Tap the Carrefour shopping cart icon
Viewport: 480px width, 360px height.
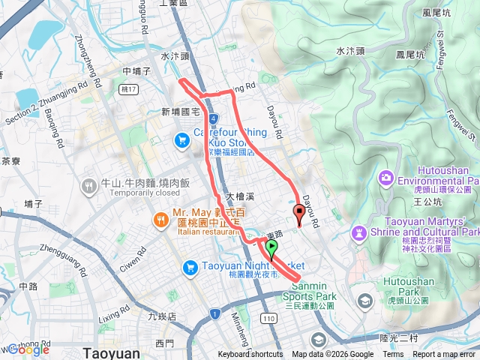click(x=181, y=140)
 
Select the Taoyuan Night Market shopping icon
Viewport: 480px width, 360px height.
click(x=190, y=266)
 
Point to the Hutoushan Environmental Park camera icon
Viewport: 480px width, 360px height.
click(x=385, y=178)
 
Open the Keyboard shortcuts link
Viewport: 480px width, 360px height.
click(x=250, y=355)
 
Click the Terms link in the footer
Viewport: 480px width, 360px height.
click(x=393, y=355)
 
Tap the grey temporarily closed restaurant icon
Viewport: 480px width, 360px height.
click(x=89, y=184)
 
